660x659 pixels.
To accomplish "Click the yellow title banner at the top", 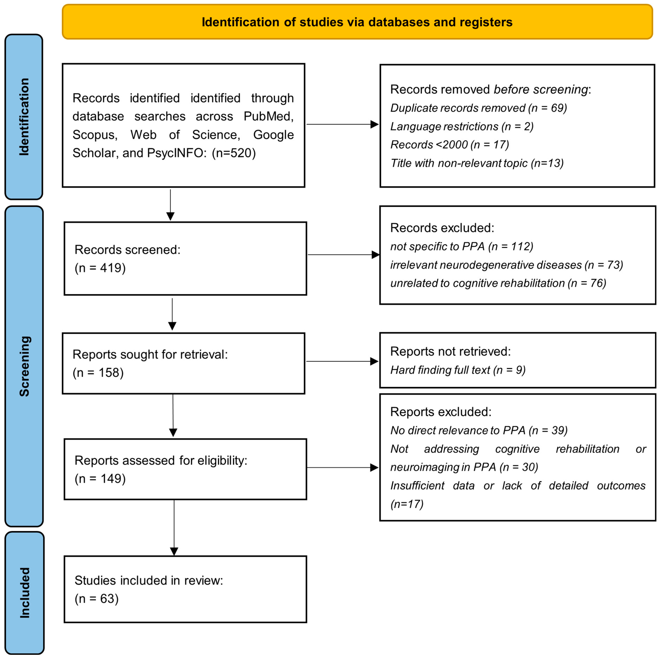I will [357, 22].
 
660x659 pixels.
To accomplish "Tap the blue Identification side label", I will [24, 117].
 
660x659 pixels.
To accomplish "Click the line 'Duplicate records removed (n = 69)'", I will [478, 108].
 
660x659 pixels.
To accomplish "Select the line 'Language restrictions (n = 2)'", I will [461, 126].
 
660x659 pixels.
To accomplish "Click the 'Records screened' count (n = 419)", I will [100, 268].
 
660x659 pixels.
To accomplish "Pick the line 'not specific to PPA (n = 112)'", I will [461, 246].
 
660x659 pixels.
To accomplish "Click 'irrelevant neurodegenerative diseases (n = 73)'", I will [506, 265].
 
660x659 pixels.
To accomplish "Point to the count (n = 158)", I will [98, 372].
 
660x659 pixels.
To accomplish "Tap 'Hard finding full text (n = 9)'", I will [458, 370].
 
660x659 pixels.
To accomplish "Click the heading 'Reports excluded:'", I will [441, 412].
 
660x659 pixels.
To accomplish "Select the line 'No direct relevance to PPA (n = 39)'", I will [479, 431].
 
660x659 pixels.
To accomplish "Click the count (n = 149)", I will [100, 479].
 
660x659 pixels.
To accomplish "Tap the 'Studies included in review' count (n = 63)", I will [97, 598].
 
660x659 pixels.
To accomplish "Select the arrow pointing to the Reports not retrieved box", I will [342, 361].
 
